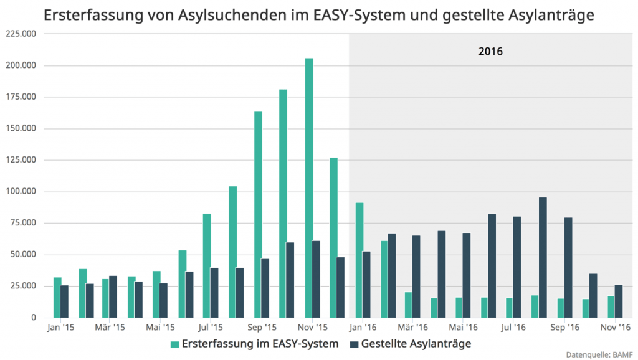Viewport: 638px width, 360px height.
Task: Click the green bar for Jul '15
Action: pyautogui.click(x=207, y=265)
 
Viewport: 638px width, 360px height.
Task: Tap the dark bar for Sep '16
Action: pyautogui.click(x=568, y=267)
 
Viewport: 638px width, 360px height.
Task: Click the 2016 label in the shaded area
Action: pyautogui.click(x=490, y=51)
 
